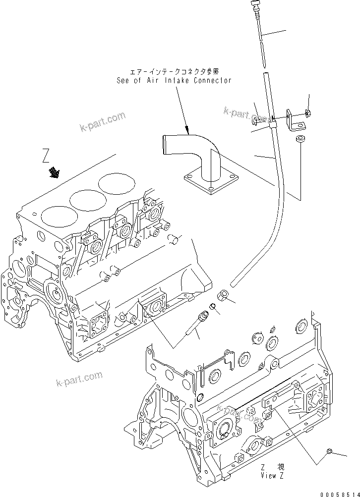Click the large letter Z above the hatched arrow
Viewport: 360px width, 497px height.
pos(46,157)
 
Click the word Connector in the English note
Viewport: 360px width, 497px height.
pos(213,80)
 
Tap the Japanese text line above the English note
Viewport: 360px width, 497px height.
pos(174,71)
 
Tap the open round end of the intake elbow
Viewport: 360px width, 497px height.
pos(164,147)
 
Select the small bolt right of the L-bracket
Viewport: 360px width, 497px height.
pos(308,114)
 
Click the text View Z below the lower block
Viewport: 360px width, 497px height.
pos(272,475)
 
